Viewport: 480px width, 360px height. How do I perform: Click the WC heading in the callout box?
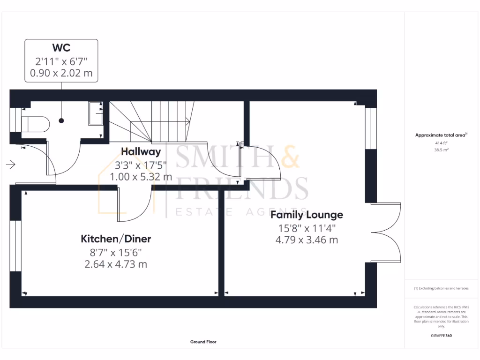pyautogui.click(x=61, y=48)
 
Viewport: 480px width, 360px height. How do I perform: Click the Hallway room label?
pyautogui.click(x=141, y=152)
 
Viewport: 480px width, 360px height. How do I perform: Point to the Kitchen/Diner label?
pyautogui.click(x=116, y=239)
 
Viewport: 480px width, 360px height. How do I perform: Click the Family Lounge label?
pyautogui.click(x=307, y=215)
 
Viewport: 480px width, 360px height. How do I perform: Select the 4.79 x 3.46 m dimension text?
pyautogui.click(x=307, y=240)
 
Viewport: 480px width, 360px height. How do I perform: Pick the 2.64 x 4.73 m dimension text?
pyautogui.click(x=116, y=264)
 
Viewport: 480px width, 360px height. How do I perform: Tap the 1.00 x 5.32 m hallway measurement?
pyautogui.click(x=141, y=177)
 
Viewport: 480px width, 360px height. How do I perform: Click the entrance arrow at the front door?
pyautogui.click(x=11, y=165)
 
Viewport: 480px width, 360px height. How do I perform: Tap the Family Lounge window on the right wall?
pyautogui.click(x=371, y=128)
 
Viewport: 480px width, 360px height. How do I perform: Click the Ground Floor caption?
pyautogui.click(x=203, y=342)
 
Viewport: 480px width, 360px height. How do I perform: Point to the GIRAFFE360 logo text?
pyautogui.click(x=441, y=336)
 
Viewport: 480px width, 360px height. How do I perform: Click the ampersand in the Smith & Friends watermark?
pyautogui.click(x=291, y=157)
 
